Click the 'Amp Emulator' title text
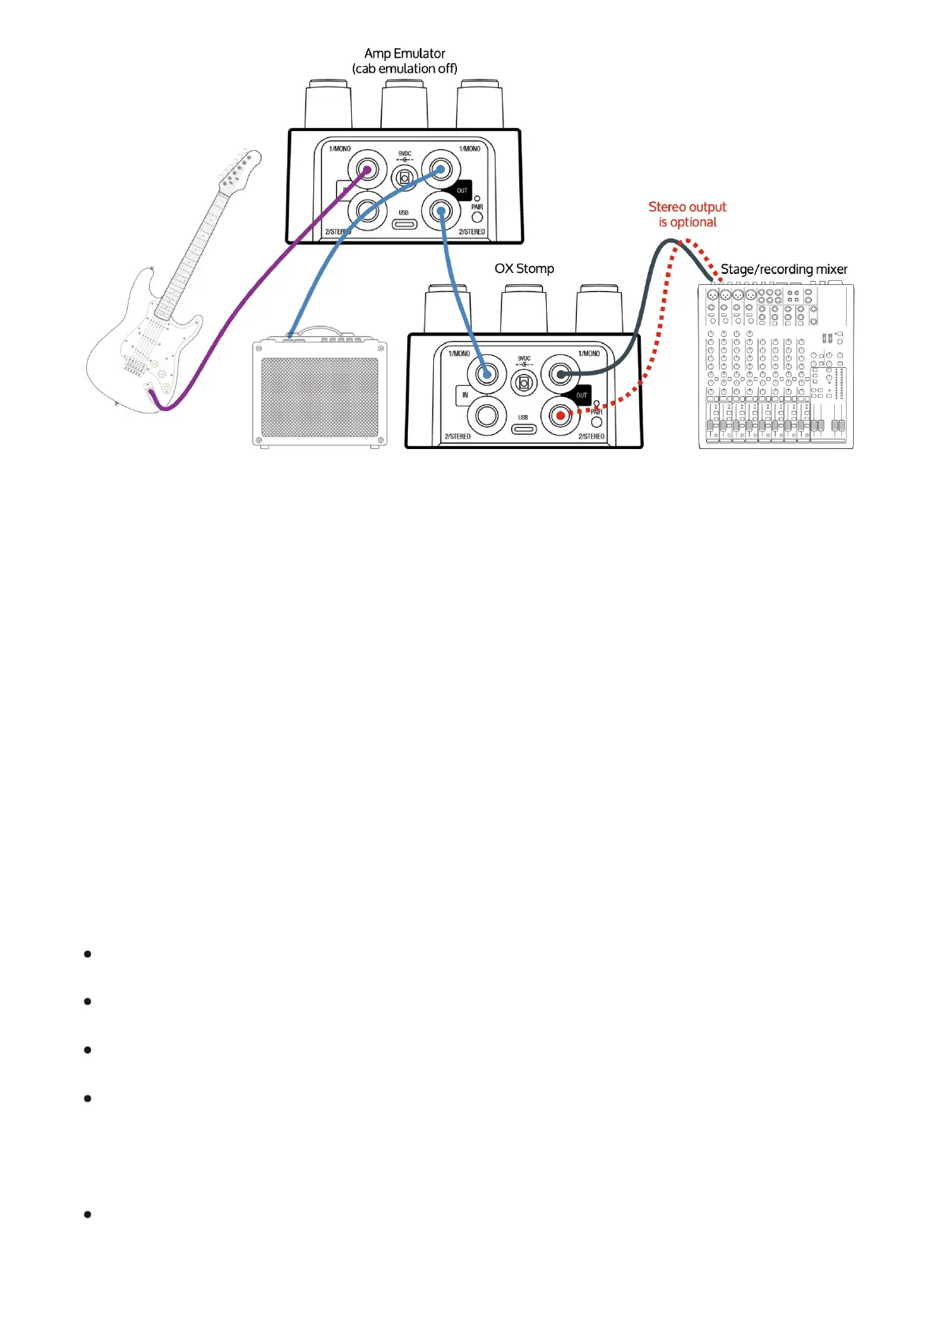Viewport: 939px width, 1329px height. point(405,54)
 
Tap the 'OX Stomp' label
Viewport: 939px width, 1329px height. point(524,268)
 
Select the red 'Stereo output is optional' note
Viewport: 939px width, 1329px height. point(687,214)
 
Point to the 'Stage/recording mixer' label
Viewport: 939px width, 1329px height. point(784,269)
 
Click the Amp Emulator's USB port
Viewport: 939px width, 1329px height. point(404,224)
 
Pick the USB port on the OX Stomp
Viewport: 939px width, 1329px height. point(523,429)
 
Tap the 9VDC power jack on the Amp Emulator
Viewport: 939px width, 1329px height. point(405,178)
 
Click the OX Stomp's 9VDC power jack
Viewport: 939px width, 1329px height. point(523,384)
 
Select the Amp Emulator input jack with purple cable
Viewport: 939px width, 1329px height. point(365,170)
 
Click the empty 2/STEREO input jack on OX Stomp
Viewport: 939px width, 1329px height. point(486,415)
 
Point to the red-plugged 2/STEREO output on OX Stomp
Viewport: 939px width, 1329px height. point(560,415)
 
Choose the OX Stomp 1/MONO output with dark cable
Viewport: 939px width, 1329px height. point(560,374)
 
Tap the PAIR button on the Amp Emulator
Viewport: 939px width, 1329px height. point(477,216)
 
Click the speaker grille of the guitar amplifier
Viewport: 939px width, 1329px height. point(320,397)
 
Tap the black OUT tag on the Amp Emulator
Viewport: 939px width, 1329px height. point(462,190)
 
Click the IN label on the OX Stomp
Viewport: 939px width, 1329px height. point(465,395)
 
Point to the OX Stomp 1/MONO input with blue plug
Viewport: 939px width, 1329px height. point(486,374)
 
